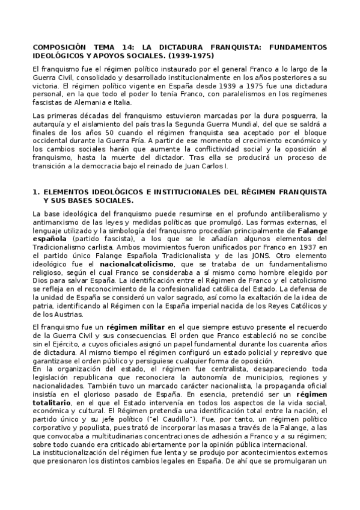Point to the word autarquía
[x=51, y=124]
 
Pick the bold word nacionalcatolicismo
[x=137, y=263]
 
